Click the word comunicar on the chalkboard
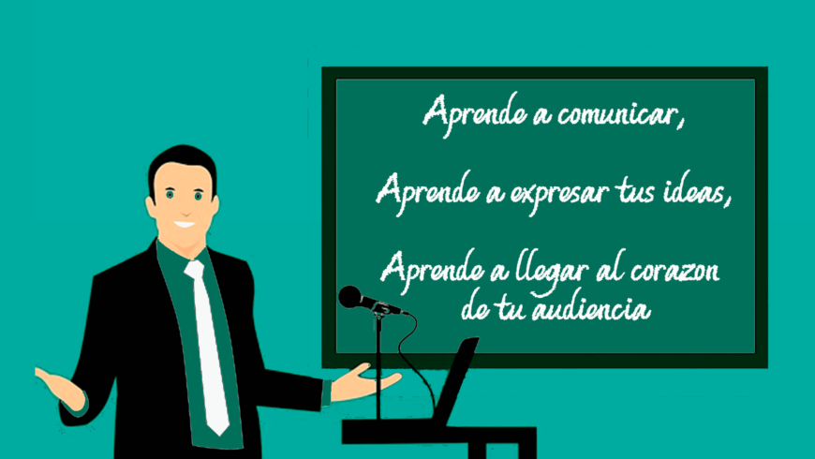click(616, 114)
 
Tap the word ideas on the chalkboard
click(690, 192)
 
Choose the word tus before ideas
click(635, 192)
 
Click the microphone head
click(350, 297)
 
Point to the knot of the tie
click(195, 269)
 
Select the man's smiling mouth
click(185, 225)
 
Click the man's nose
click(185, 211)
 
